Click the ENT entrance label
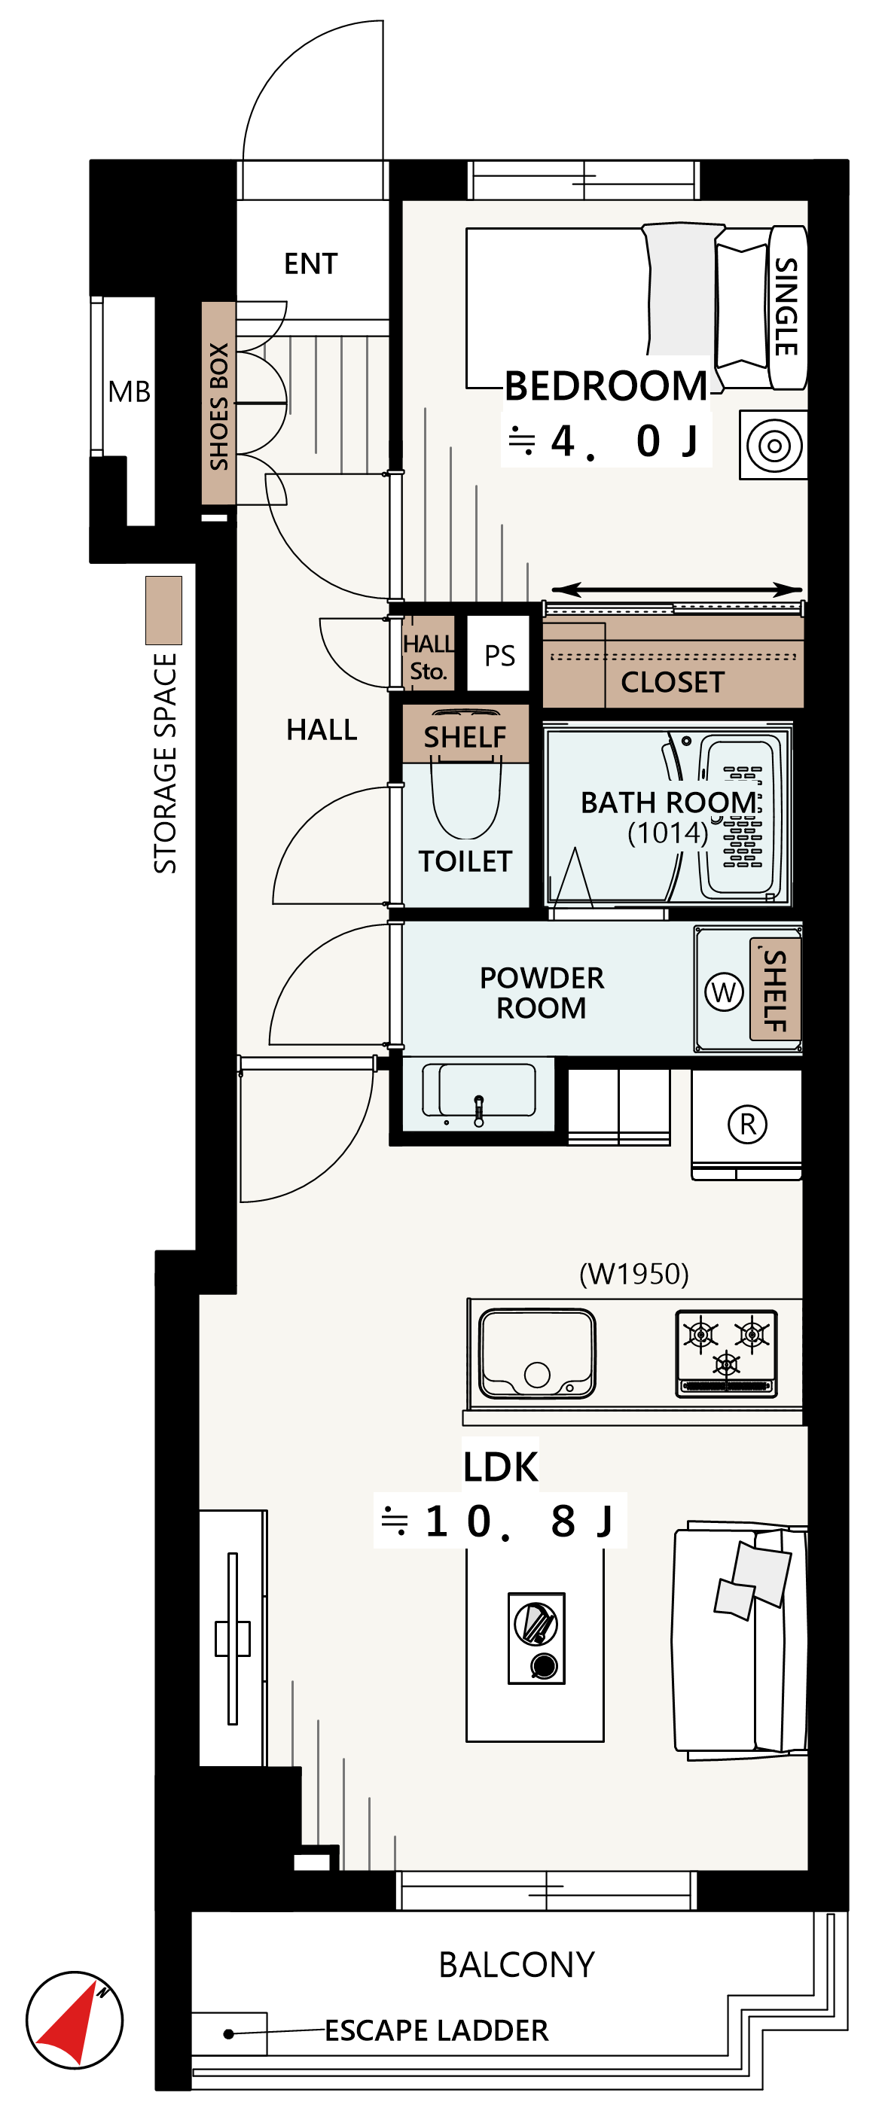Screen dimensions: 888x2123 tap(311, 263)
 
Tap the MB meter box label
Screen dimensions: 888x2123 tap(130, 391)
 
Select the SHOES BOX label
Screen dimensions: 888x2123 tap(218, 407)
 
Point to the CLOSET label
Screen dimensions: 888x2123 tap(672, 682)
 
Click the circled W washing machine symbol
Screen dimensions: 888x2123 tap(724, 991)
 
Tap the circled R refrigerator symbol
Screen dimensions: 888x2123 tap(748, 1124)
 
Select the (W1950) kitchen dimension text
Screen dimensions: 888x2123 tap(633, 1274)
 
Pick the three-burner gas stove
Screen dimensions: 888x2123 tap(726, 1354)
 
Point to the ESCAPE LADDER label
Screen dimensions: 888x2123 tap(436, 2030)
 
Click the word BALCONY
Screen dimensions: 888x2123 tap(517, 1965)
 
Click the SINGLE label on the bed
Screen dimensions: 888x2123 tap(786, 306)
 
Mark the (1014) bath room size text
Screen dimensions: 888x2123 tap(668, 833)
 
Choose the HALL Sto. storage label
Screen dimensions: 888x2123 tap(428, 656)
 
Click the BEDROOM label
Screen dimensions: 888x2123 tap(606, 385)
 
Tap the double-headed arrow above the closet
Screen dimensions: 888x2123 tap(676, 589)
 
